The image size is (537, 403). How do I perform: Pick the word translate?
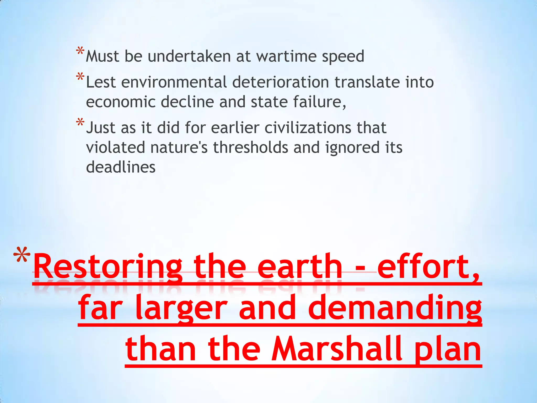[367, 82]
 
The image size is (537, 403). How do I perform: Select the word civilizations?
[308, 128]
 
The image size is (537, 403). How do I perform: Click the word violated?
[115, 147]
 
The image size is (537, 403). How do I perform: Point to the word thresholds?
[251, 147]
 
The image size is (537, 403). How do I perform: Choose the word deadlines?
[121, 167]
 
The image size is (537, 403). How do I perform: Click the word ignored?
[352, 147]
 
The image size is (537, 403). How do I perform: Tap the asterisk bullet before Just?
[80, 123]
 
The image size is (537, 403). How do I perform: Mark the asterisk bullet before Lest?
[80, 77]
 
